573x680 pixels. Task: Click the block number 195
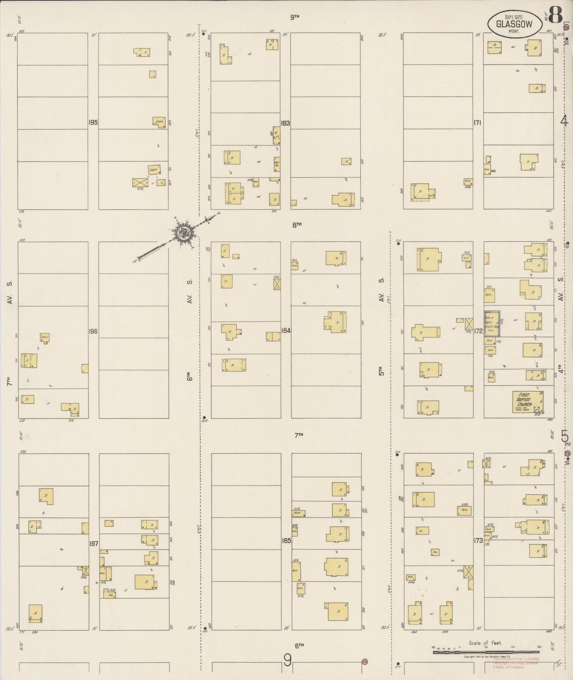coord(93,122)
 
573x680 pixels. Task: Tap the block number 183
coord(285,123)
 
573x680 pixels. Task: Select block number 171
coord(477,123)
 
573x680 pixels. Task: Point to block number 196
coord(93,331)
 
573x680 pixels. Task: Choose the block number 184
coord(286,330)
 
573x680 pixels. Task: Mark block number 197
coord(94,543)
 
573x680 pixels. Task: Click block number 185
coord(286,540)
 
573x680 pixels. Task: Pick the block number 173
coord(478,540)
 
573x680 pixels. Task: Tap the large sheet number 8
coord(556,15)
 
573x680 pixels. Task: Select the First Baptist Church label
coord(527,399)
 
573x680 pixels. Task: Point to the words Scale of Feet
coord(485,643)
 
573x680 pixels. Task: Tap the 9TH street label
coord(294,17)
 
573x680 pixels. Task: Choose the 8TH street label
coord(297,225)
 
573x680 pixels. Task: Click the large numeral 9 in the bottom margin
coord(287,661)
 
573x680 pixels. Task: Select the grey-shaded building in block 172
coord(492,324)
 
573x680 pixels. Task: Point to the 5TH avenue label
coord(381,373)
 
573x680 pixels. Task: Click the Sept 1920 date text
coord(514,17)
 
